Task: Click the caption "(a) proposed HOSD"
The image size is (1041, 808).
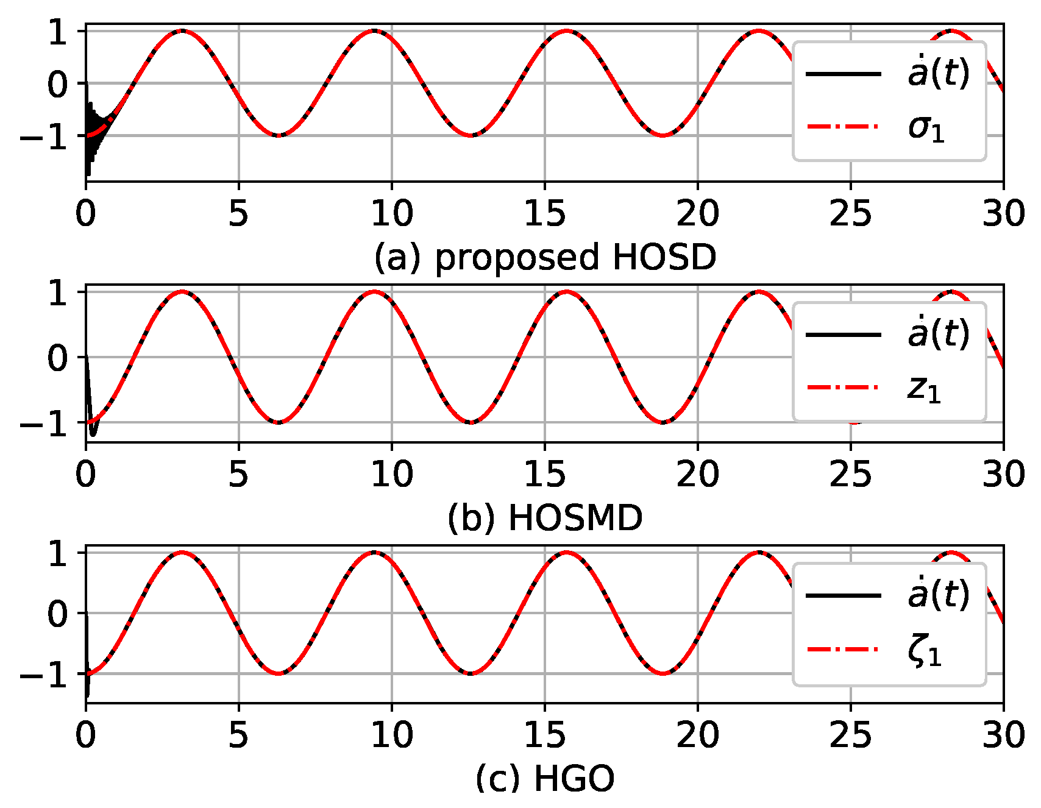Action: tap(545, 257)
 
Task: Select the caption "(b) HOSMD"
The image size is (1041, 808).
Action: tap(545, 519)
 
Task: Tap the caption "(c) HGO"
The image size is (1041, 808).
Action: tap(545, 779)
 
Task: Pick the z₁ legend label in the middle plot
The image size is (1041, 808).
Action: tap(924, 389)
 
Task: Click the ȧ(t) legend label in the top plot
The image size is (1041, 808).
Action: tap(937, 74)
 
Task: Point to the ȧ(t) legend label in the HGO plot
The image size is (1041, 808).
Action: tap(937, 595)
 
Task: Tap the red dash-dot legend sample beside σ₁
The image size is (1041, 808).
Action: tap(844, 127)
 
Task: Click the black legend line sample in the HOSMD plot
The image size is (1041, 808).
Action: tap(844, 335)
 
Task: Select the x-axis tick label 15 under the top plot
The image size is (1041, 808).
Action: tap(544, 214)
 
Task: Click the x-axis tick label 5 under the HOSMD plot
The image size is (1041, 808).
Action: tap(238, 475)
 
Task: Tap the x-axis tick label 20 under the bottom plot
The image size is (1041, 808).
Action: tap(697, 735)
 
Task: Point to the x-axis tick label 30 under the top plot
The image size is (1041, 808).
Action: tap(1003, 214)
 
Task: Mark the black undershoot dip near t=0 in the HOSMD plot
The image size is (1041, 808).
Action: tap(93, 433)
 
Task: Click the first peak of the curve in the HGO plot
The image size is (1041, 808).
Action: tap(182, 553)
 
